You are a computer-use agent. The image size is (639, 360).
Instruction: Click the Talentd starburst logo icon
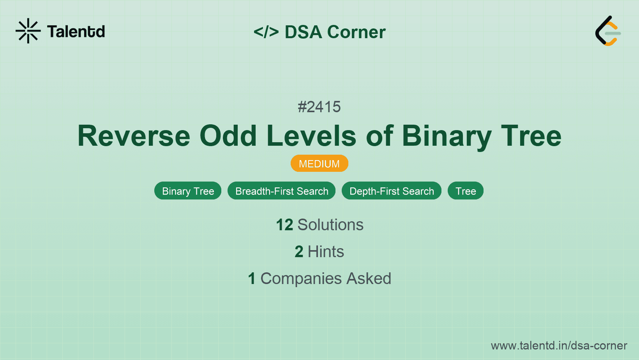coord(28,31)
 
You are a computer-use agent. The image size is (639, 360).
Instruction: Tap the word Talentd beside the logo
coord(76,32)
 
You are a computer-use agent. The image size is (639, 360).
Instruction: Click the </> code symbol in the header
coord(266,32)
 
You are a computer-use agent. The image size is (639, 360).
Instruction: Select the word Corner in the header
coord(356,32)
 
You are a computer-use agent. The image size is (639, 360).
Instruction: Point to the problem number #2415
coord(319,107)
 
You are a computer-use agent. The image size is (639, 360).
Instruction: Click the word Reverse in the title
coord(134,136)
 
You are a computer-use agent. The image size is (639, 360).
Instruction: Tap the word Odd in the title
coord(228,136)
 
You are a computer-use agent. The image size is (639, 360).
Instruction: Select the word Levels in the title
coord(312,136)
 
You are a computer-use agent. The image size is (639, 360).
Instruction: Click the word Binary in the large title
coord(447,137)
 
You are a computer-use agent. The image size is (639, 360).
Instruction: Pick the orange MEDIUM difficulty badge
coord(319,164)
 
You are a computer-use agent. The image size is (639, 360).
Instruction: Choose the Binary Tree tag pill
coord(188,191)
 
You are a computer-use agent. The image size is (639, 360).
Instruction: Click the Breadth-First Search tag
coord(282,191)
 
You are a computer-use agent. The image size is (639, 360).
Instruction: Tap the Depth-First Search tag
coord(391,191)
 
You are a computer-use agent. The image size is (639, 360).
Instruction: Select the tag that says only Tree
coord(466,191)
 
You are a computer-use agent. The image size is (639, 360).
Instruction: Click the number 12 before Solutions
coord(284,225)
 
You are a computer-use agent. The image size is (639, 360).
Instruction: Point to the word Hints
coord(326,252)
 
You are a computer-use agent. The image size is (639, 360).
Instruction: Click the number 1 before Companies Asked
coord(252,279)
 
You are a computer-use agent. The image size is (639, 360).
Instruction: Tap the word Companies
coord(301,279)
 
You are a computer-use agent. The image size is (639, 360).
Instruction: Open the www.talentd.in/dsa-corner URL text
coord(559,346)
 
